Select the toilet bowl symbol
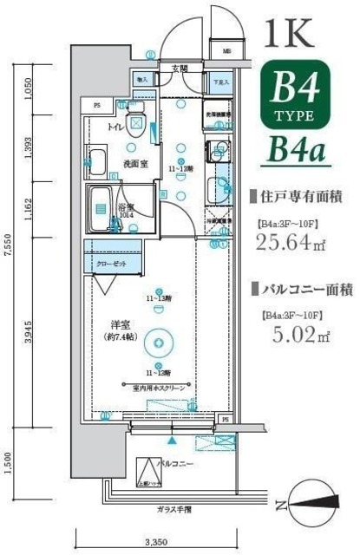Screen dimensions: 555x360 (x=136, y=122)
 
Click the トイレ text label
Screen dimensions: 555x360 (x=115, y=127)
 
